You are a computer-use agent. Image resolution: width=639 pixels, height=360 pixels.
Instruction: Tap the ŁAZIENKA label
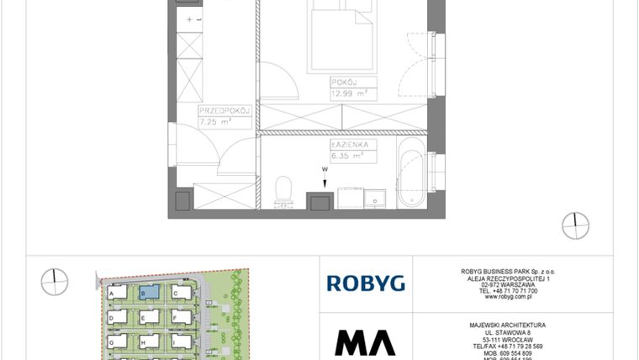350,146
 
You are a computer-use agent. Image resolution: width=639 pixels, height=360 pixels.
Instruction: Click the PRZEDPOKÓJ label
221,111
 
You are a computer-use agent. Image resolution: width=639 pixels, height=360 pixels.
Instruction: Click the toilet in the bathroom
283,191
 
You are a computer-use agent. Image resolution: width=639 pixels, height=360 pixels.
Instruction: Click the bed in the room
339,38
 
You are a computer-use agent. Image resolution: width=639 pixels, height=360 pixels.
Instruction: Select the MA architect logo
365,342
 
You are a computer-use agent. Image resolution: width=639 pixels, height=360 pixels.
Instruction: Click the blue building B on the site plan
148,293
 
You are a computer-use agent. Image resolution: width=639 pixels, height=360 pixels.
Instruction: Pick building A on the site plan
116,293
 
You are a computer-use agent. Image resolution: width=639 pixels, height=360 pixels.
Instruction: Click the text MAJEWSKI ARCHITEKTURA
506,325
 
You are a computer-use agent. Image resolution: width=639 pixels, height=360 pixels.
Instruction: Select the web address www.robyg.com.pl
506,297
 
